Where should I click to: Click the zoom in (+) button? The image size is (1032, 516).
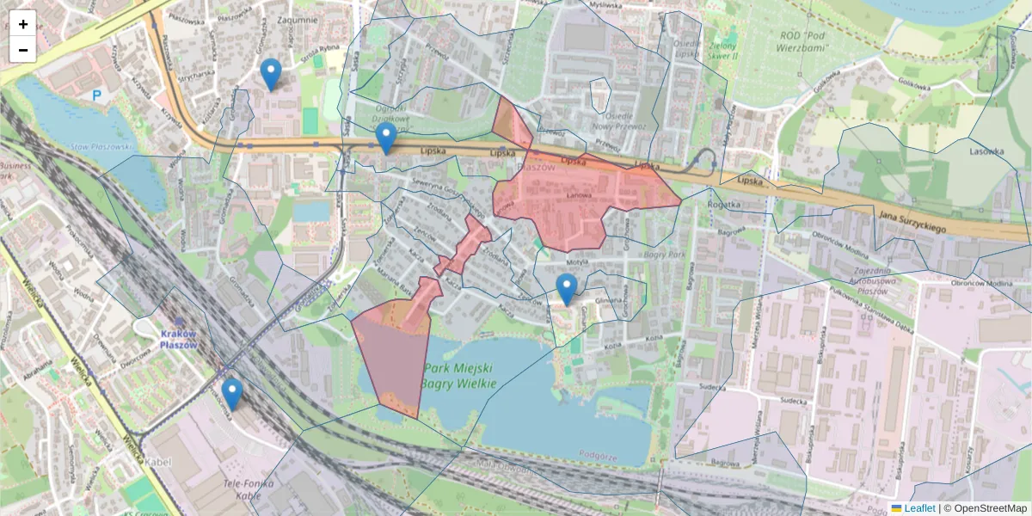[x=23, y=24]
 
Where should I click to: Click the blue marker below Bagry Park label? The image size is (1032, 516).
[x=566, y=289]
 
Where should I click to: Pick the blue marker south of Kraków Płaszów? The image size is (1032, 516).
[x=231, y=394]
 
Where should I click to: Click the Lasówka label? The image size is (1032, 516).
[x=986, y=151]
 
